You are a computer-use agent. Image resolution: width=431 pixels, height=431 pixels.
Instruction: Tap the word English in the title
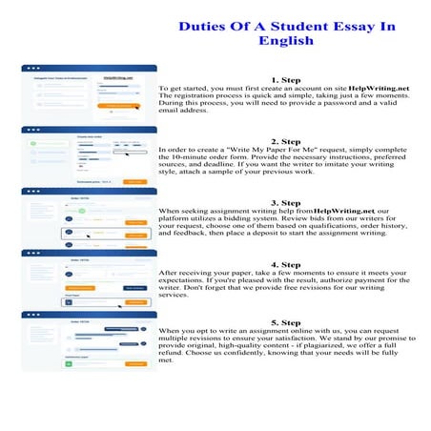pyautogui.click(x=287, y=41)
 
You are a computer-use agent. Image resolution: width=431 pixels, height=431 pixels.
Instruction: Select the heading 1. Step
pyautogui.click(x=286, y=80)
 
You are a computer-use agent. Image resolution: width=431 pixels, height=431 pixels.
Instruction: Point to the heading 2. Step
pyautogui.click(x=286, y=142)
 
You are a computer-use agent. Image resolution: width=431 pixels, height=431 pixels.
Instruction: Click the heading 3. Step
pyautogui.click(x=286, y=203)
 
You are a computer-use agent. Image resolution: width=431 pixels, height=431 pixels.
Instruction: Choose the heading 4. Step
pyautogui.click(x=286, y=264)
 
